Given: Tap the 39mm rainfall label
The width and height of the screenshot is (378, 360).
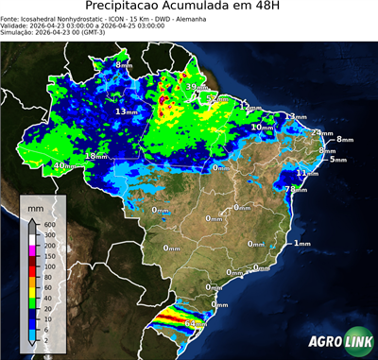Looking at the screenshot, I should click(x=193, y=88).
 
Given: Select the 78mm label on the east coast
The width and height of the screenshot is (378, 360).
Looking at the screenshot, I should click(x=296, y=189).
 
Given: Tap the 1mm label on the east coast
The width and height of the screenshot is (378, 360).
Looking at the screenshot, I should click(x=301, y=244).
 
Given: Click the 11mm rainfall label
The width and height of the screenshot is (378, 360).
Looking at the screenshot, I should click(x=306, y=173).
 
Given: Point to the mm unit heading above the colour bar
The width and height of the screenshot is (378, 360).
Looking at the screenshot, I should click(x=36, y=206).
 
